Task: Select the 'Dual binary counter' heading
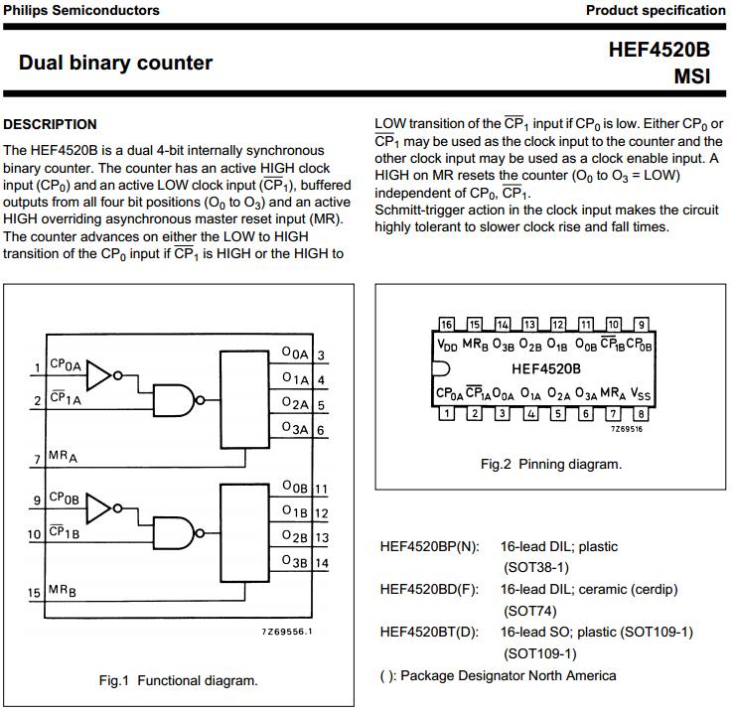[x=115, y=63]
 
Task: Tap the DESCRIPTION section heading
[x=51, y=124]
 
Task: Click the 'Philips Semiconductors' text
[x=81, y=10]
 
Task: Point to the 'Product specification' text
[x=656, y=10]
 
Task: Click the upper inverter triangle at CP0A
[x=100, y=374]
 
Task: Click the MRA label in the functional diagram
[x=63, y=457]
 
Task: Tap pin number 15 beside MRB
[x=35, y=593]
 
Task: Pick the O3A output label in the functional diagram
[x=295, y=428]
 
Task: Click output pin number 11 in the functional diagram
[x=321, y=489]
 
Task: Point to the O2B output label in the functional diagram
[x=295, y=537]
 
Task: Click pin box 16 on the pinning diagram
[x=446, y=325]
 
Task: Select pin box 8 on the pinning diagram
[x=642, y=413]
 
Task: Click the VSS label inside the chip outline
[x=641, y=394]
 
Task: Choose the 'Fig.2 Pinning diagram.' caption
[x=551, y=464]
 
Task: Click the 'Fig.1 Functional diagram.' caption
[x=178, y=680]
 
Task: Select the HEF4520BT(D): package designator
[x=429, y=632]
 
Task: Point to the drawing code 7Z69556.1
[x=287, y=632]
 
